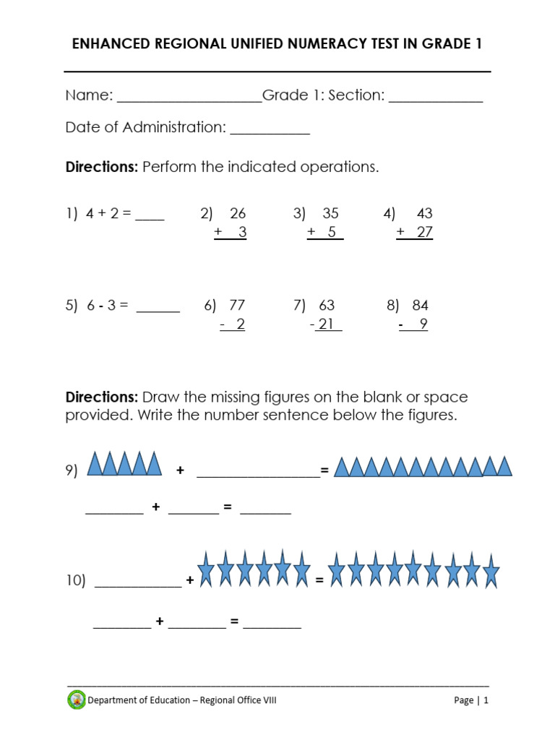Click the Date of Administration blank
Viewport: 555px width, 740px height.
click(x=270, y=133)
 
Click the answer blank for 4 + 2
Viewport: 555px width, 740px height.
click(x=150, y=218)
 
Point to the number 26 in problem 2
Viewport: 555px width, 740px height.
click(x=238, y=214)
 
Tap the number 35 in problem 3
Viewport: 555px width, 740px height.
click(x=330, y=214)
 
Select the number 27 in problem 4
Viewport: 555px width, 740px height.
click(x=423, y=233)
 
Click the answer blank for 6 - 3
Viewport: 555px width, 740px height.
click(x=158, y=310)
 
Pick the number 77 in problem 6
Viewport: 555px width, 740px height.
click(x=237, y=306)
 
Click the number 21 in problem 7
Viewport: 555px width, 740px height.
click(x=327, y=324)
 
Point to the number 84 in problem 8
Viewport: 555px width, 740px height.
click(x=420, y=306)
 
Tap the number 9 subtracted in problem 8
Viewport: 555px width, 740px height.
click(x=423, y=324)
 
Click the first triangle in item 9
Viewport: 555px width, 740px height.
click(x=95, y=464)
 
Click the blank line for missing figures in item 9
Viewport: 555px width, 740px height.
click(x=258, y=475)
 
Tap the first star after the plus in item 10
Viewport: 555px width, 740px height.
click(x=206, y=567)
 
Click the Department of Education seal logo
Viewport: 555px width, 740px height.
click(x=76, y=700)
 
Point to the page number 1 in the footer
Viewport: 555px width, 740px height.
click(x=486, y=700)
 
